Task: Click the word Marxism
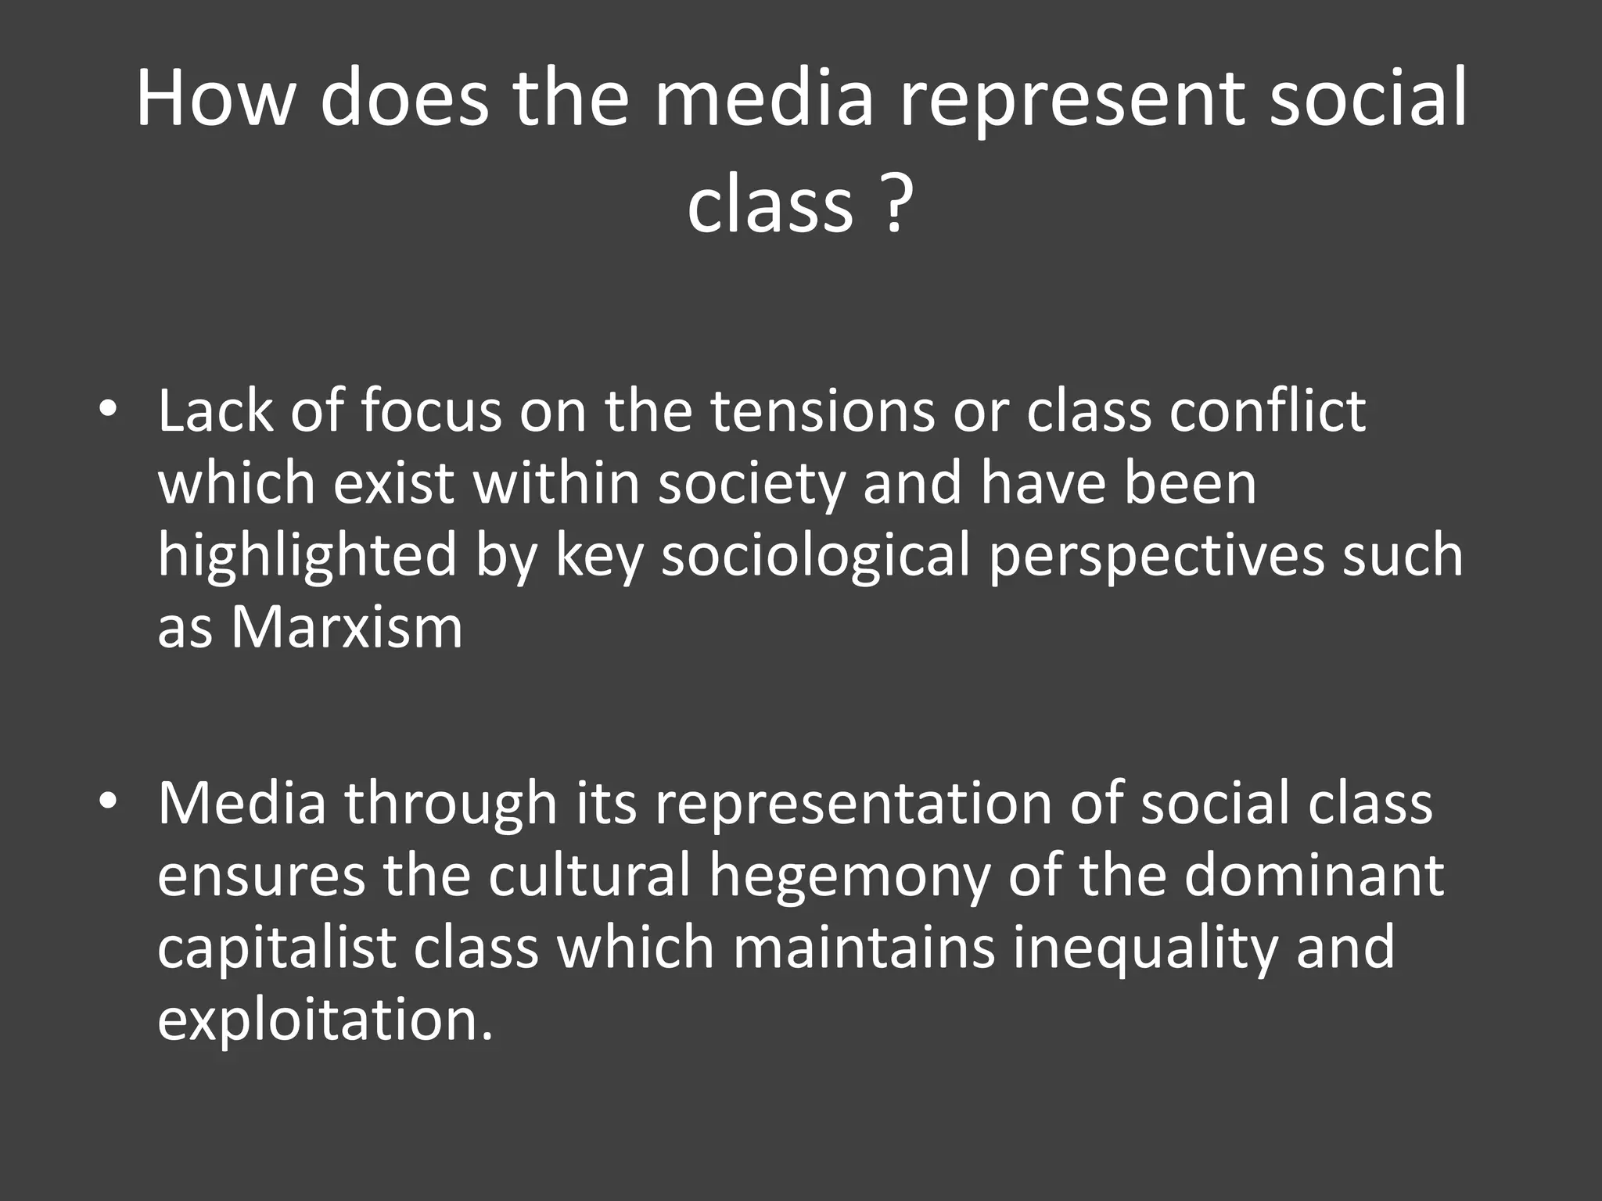pos(347,627)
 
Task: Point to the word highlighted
pos(307,556)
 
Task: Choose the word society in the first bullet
pos(751,484)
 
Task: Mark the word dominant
pos(1313,875)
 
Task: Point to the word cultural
pos(591,875)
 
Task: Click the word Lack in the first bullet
pos(215,411)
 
